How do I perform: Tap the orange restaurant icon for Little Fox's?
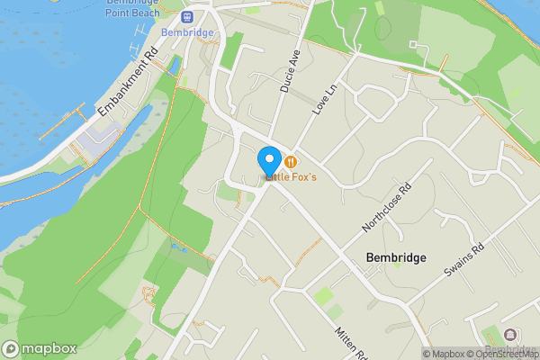click(x=291, y=162)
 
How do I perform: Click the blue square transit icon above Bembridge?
click(x=187, y=17)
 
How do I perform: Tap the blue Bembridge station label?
click(x=187, y=32)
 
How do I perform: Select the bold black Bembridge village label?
click(x=396, y=257)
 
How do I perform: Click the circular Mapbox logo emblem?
click(x=12, y=348)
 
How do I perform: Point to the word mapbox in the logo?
click(x=49, y=348)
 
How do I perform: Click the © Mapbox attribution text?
click(x=447, y=354)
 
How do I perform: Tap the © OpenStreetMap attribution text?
click(x=507, y=354)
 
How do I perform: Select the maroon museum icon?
click(x=510, y=335)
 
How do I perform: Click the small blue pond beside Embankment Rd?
click(x=175, y=66)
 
